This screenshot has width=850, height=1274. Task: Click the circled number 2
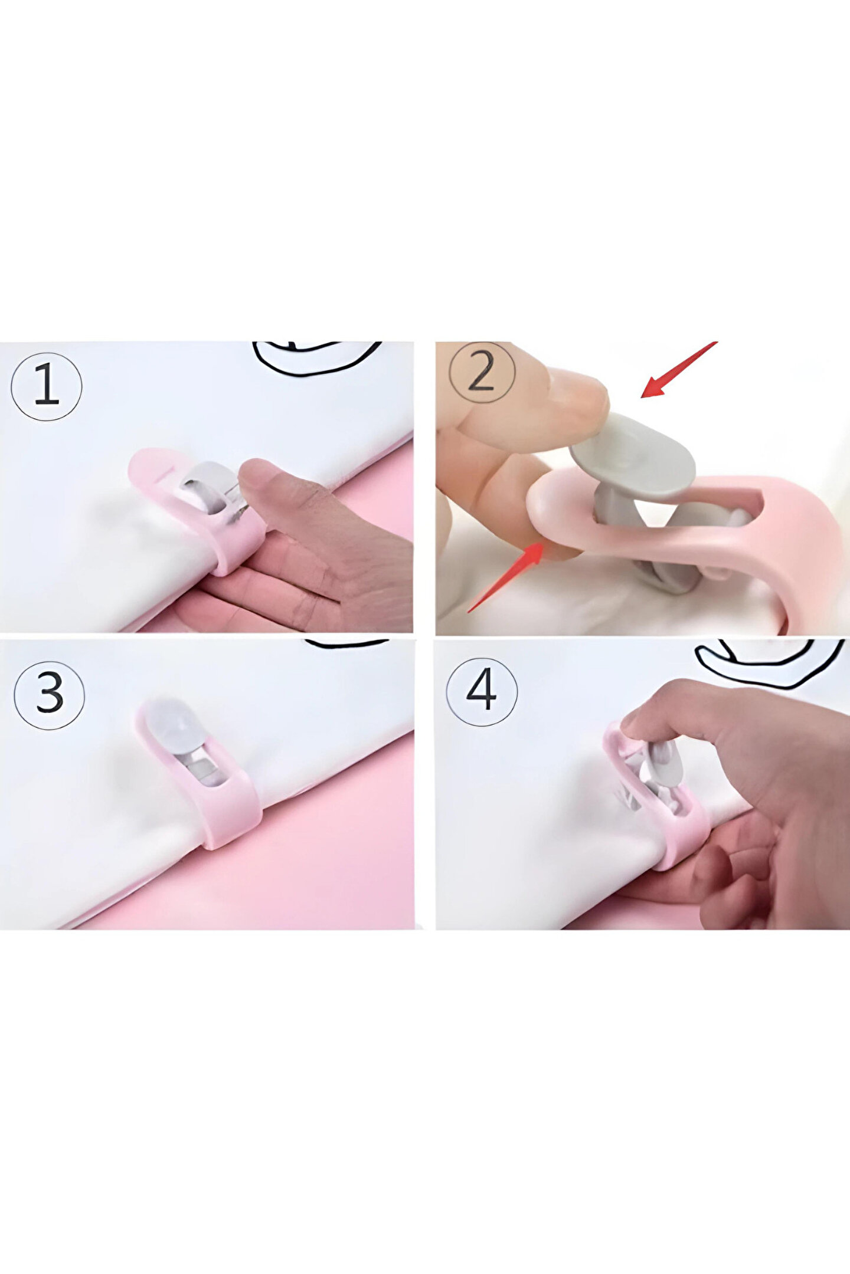(482, 373)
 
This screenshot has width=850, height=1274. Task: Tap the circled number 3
(50, 694)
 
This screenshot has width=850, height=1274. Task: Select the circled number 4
(482, 691)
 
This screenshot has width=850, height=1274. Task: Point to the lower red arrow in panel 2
(505, 577)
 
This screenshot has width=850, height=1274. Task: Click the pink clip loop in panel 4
(655, 799)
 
